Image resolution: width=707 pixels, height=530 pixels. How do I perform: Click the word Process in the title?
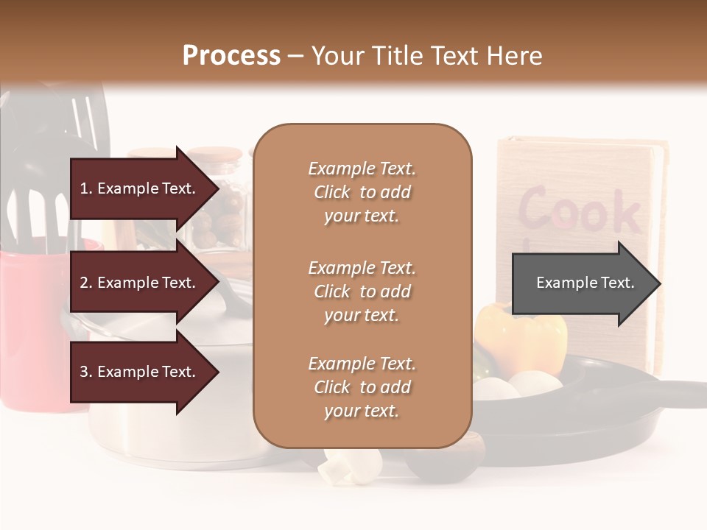click(231, 56)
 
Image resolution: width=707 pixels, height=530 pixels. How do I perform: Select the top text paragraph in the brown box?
click(362, 192)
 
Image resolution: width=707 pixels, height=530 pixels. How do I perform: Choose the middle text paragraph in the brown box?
click(362, 291)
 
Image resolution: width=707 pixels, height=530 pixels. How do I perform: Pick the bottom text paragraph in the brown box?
click(362, 387)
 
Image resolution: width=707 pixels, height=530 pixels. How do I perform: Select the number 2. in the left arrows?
click(86, 283)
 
